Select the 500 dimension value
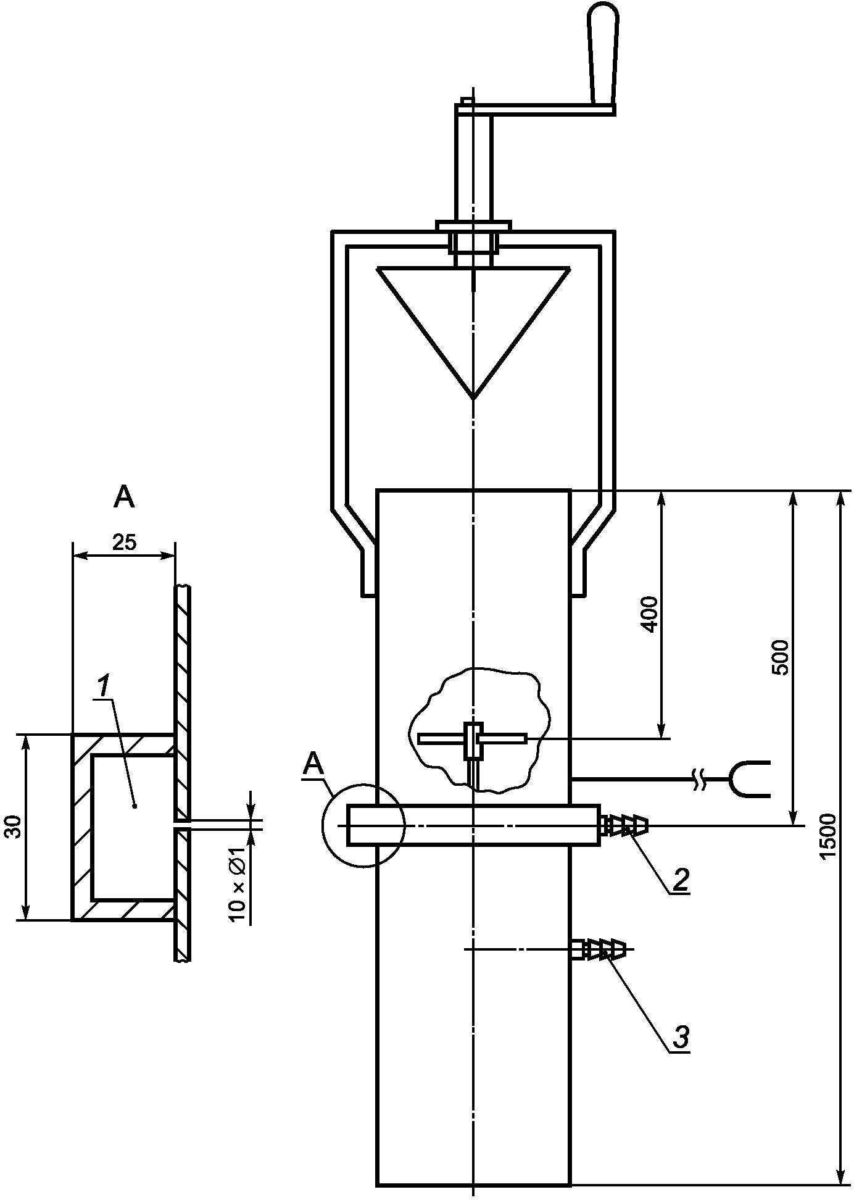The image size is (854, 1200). click(781, 658)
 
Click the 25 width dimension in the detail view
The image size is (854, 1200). click(124, 543)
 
